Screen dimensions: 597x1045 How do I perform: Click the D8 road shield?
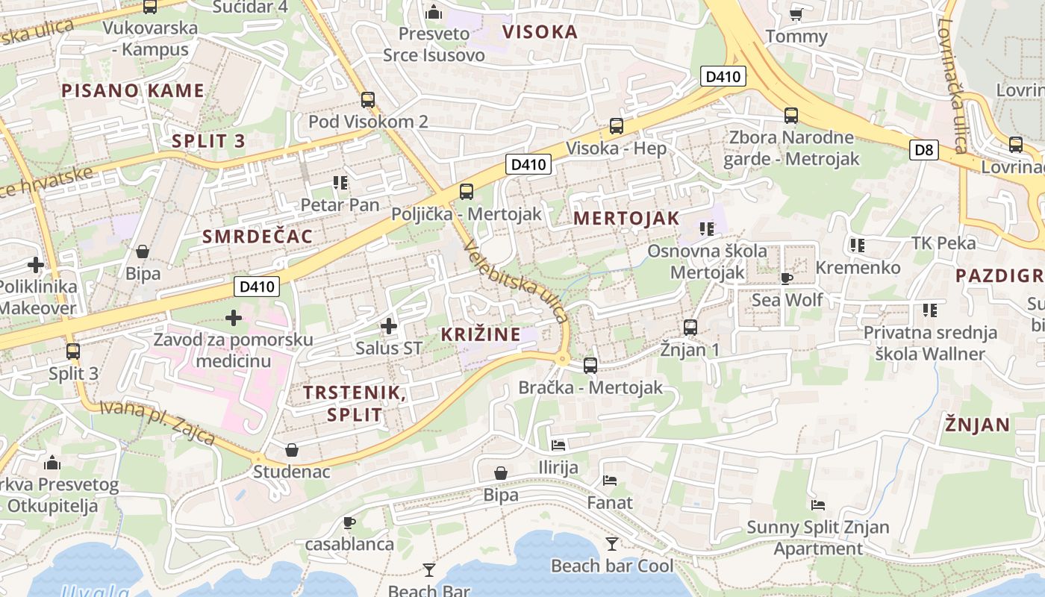point(924,150)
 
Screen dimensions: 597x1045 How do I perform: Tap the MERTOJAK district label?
point(626,219)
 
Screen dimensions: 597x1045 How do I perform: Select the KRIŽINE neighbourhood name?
point(481,334)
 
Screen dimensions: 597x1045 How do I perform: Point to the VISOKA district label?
point(540,32)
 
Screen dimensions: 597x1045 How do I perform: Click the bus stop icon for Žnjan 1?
point(690,327)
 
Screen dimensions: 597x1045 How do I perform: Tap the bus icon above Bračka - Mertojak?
point(590,366)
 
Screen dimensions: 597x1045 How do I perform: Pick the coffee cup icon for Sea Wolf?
point(786,278)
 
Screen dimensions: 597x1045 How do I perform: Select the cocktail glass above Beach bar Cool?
point(612,543)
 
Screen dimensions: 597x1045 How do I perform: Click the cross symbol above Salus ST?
point(388,326)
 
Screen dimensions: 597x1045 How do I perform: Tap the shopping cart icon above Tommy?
point(796,14)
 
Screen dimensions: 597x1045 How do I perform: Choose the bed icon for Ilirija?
point(558,446)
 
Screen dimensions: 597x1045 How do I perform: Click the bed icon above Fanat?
point(610,481)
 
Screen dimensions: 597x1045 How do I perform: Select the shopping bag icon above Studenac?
point(292,449)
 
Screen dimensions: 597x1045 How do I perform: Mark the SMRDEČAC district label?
point(257,237)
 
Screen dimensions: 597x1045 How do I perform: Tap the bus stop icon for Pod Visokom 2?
point(367,99)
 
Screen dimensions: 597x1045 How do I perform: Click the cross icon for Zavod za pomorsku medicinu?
point(234,318)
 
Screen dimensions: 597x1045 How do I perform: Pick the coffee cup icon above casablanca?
point(349,522)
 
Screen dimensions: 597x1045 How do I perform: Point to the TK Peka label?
point(943,243)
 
